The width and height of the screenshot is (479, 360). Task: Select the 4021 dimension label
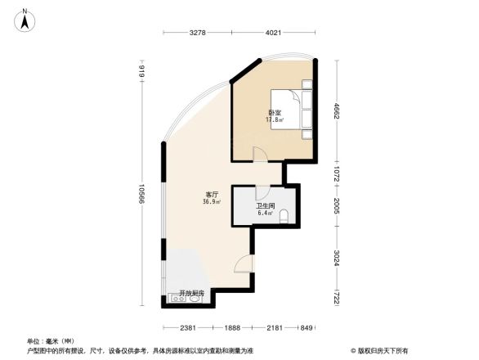(x=273, y=34)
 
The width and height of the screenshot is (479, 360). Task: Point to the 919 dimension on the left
(x=141, y=72)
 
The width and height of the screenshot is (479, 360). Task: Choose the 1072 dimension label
(x=335, y=173)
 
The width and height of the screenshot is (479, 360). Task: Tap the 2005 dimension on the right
(x=335, y=205)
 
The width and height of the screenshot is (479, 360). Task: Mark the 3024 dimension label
(x=335, y=260)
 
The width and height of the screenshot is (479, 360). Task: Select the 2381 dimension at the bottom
(x=190, y=328)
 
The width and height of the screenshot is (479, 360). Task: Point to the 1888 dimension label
(x=233, y=328)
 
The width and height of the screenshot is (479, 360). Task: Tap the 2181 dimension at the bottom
(x=275, y=328)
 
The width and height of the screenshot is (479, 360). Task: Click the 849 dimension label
(x=306, y=328)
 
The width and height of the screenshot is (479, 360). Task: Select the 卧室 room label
(x=275, y=112)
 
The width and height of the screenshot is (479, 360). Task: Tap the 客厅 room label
(x=211, y=194)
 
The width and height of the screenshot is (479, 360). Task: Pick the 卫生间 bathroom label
(x=264, y=206)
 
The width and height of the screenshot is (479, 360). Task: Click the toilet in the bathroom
(x=284, y=217)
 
